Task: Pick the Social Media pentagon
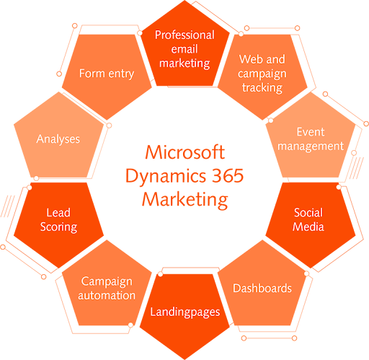[308, 219]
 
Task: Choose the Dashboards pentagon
[262, 288]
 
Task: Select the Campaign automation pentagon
[107, 288]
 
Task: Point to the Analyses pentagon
[58, 139]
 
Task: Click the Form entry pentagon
[106, 74]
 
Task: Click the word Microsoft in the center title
[184, 152]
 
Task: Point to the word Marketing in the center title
[184, 198]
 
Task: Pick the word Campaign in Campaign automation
[107, 281]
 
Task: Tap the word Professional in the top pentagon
[184, 35]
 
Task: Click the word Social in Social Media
[308, 213]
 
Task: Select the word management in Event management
[310, 146]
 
